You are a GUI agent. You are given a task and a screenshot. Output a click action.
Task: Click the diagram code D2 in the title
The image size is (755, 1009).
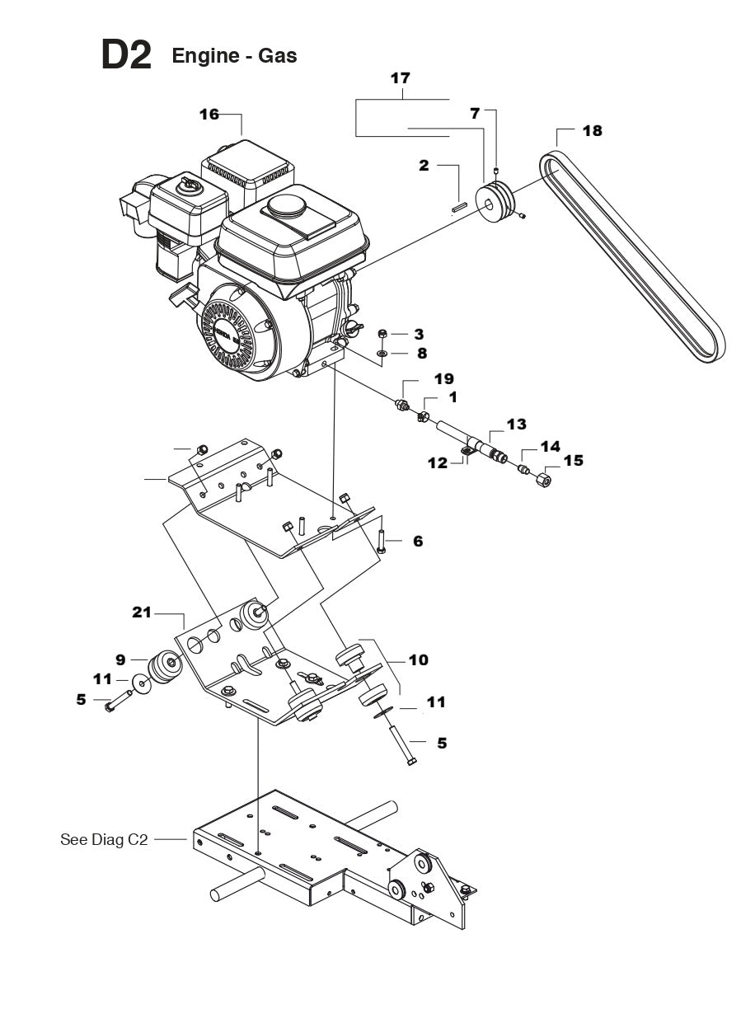126,55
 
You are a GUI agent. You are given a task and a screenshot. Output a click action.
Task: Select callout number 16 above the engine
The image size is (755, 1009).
209,115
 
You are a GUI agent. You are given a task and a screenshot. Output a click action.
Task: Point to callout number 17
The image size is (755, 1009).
400,79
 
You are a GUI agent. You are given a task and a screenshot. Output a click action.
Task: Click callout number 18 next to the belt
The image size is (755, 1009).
592,131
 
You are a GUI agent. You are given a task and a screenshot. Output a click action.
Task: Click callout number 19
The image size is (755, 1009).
443,378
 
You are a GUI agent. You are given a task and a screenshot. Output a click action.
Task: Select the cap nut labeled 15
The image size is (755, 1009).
543,478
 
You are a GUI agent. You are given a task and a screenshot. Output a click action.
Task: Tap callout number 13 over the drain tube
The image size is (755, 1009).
516,424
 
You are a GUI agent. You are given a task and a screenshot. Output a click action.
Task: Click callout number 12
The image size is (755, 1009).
438,464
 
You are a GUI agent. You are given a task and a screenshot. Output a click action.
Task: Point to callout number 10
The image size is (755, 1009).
418,659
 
